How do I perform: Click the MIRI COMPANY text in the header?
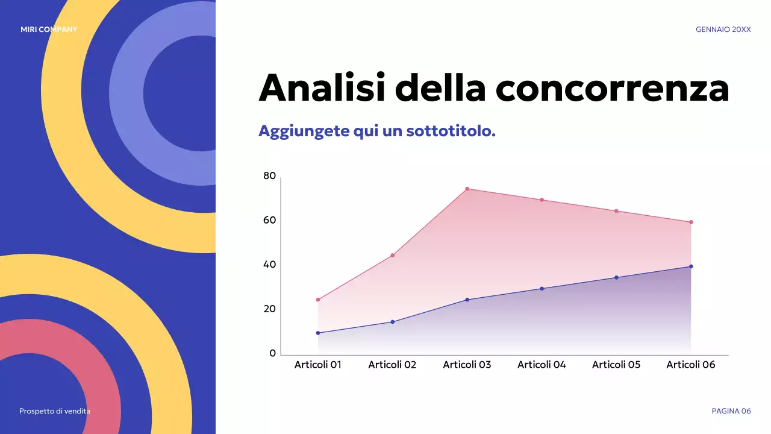click(x=49, y=30)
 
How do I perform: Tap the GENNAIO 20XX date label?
click(x=723, y=30)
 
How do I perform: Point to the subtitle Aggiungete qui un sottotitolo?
click(x=376, y=131)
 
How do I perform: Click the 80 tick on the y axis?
click(x=269, y=176)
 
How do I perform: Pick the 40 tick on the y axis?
click(x=269, y=265)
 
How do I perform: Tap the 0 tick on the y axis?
click(x=272, y=353)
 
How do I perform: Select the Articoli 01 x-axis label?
click(x=317, y=365)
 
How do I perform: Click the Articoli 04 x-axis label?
click(x=542, y=365)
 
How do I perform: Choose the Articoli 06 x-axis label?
click(x=690, y=365)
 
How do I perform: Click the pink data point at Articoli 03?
click(x=467, y=189)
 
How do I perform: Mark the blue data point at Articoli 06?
click(x=691, y=266)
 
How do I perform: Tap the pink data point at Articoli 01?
click(x=318, y=300)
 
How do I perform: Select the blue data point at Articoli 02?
click(x=393, y=322)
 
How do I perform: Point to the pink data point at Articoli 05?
click(x=616, y=211)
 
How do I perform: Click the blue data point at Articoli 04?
click(x=542, y=289)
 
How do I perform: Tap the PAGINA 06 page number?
click(x=731, y=411)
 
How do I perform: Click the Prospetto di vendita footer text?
click(x=55, y=411)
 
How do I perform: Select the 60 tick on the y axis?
click(x=269, y=220)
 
